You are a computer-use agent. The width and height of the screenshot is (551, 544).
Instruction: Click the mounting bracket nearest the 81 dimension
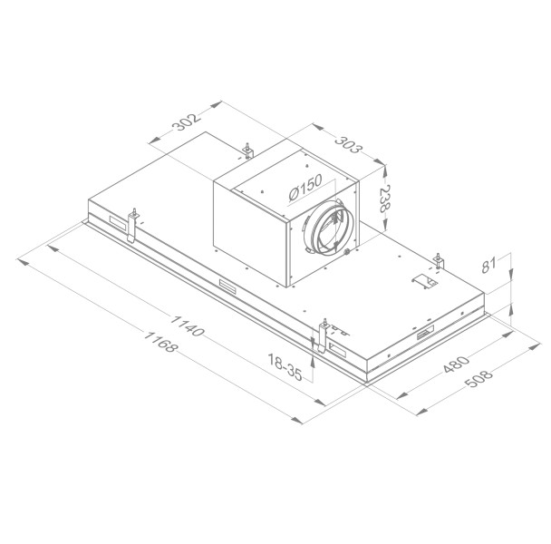point(440,260)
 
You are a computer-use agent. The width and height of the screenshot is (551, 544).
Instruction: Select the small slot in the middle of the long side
point(223,287)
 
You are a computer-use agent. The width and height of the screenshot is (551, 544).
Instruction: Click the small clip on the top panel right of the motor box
point(420,282)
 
